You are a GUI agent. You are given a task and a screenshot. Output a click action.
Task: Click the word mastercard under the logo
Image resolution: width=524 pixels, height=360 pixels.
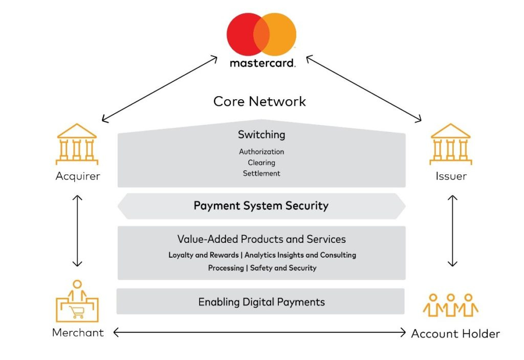tap(262, 64)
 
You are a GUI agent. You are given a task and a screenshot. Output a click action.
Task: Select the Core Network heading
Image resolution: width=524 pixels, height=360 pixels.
tap(259, 101)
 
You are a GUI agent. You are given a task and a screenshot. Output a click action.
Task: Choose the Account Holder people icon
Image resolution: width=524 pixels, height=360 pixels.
tap(450, 305)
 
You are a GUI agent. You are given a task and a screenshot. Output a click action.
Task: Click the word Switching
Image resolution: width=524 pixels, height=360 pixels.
tap(261, 135)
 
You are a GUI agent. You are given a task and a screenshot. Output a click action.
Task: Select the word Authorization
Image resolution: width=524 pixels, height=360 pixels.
tap(261, 152)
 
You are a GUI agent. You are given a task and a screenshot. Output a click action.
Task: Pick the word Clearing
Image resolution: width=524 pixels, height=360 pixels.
tap(261, 163)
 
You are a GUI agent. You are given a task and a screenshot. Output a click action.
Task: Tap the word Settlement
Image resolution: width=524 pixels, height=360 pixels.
tap(261, 173)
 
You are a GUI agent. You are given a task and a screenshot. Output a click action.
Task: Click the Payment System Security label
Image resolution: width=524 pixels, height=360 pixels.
tap(261, 206)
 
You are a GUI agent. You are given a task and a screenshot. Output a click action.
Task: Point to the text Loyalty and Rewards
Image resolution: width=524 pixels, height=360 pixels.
tap(204, 255)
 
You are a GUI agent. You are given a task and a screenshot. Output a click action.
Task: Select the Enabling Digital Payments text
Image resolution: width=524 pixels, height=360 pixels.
tap(261, 302)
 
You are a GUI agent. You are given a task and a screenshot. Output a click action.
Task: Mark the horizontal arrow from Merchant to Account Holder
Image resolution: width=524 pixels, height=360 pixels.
tap(259, 333)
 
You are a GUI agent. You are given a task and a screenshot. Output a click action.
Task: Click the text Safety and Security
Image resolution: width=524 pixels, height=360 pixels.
tap(283, 268)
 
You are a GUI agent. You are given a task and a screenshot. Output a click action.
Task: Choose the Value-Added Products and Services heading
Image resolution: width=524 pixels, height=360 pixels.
tap(261, 239)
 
